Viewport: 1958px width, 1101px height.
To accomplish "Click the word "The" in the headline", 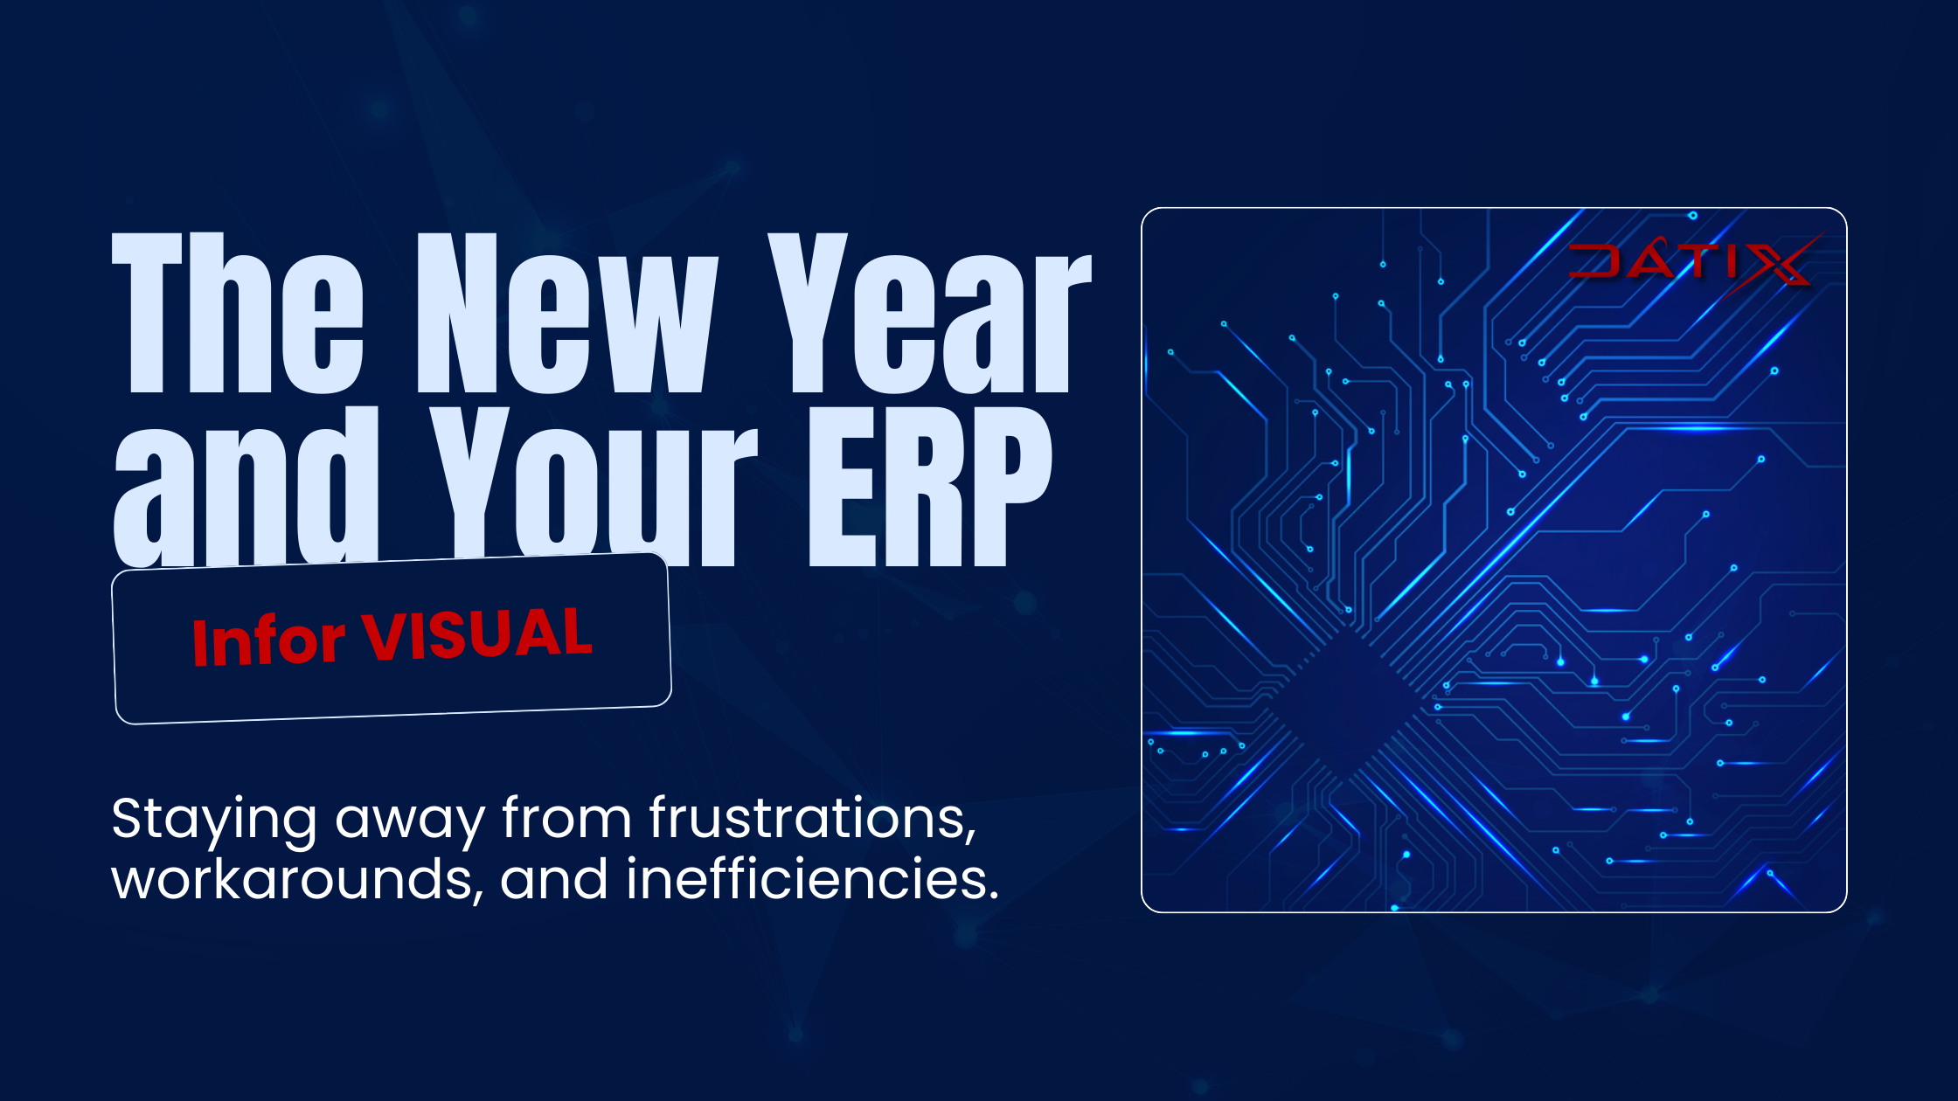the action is click(x=238, y=313).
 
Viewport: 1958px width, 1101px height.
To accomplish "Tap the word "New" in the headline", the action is click(x=567, y=313).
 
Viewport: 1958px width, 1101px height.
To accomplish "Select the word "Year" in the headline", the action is click(x=929, y=313).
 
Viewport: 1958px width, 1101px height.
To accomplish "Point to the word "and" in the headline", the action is click(x=246, y=486).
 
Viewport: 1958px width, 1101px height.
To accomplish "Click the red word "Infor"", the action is click(x=268, y=641).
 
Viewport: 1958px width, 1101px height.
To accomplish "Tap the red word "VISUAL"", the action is click(x=477, y=634).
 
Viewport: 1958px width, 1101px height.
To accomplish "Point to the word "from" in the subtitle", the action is click(x=566, y=818).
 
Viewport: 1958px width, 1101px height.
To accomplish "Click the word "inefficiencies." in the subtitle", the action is click(x=812, y=877).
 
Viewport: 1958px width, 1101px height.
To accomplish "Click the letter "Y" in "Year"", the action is click(x=808, y=313).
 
